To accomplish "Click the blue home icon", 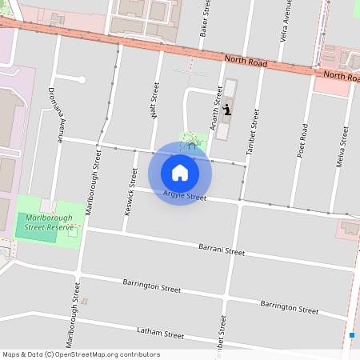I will tap(180, 172).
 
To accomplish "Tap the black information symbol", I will tap(227, 110).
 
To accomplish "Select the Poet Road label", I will tap(302, 140).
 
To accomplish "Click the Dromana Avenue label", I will tap(55, 114).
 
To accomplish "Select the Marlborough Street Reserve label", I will tap(48, 222).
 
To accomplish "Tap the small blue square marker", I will tap(352, 334).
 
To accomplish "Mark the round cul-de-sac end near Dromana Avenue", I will tap(81, 79).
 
